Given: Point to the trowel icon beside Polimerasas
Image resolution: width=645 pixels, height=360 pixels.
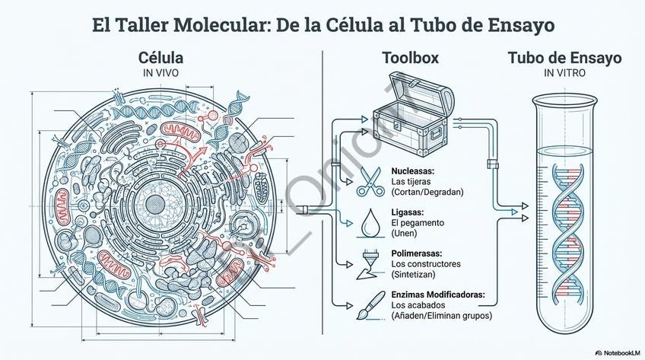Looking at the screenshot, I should [x=370, y=263].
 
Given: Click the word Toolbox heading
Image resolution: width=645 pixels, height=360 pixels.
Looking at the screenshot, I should [x=410, y=58].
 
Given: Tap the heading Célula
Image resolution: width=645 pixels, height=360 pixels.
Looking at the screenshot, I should [x=160, y=58].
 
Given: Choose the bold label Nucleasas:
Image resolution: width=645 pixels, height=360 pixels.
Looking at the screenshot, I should [x=418, y=171].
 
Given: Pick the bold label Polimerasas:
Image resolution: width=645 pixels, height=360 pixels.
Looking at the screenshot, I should [x=422, y=253].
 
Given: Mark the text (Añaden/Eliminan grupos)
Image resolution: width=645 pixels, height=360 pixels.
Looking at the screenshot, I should [x=441, y=315].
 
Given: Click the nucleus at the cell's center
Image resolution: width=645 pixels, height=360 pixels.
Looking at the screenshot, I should [x=155, y=203].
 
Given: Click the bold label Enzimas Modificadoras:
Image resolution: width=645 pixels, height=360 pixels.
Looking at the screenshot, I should [x=438, y=295].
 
